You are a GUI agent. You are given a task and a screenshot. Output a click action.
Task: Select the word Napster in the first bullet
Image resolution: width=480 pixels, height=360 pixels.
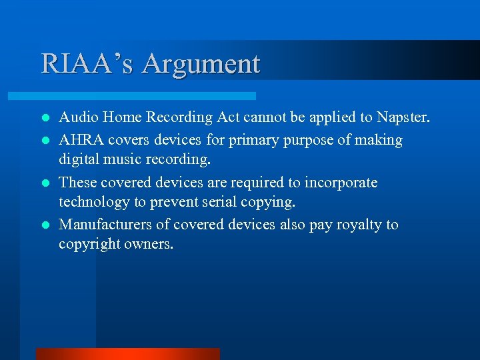point(406,118)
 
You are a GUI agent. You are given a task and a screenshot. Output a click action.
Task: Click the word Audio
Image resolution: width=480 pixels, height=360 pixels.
point(77,118)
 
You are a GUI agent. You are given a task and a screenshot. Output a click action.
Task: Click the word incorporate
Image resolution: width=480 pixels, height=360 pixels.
point(341,183)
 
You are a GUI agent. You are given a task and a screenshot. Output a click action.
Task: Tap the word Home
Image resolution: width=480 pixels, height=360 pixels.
point(121,118)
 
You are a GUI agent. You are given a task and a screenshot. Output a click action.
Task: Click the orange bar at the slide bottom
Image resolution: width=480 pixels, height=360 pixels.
point(127,354)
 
